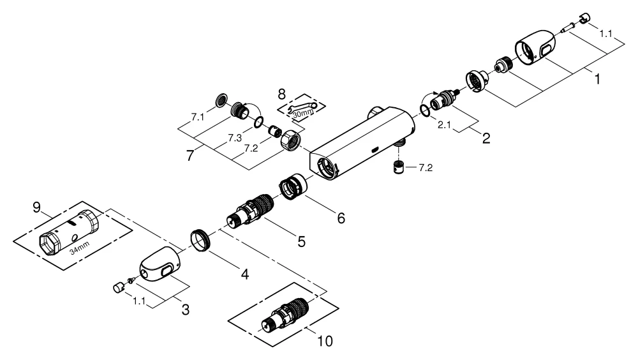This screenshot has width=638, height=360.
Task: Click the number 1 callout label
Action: pos(597,80)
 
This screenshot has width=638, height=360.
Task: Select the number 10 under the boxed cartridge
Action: pos(324,341)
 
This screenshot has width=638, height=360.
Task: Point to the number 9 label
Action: pos(36,207)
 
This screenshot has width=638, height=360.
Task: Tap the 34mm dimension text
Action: pos(78,251)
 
